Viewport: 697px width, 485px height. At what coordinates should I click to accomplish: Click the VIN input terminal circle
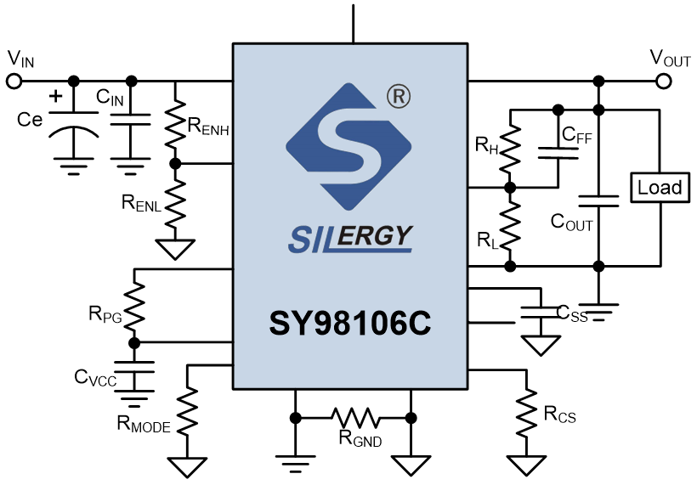point(14,82)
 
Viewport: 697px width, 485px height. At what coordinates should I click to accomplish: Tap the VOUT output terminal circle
point(664,82)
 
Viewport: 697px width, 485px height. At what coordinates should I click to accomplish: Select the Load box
point(660,188)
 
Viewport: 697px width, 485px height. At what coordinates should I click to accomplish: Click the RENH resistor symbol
point(175,123)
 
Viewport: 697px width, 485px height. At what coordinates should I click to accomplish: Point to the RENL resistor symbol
point(175,205)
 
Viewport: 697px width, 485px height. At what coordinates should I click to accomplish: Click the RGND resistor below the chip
point(355,418)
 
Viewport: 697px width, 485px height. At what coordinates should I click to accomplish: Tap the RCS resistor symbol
point(526,414)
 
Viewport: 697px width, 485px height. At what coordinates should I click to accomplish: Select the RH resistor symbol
point(510,148)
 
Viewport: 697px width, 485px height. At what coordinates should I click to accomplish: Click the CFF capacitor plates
point(558,153)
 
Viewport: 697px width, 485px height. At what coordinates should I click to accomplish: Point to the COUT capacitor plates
point(598,201)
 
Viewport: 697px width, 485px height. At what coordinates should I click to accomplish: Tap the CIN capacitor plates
point(131,119)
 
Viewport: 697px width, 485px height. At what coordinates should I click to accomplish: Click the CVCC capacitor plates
point(134,368)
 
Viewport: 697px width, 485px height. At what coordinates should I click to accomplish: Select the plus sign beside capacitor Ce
point(56,96)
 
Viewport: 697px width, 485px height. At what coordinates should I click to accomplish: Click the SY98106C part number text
point(350,323)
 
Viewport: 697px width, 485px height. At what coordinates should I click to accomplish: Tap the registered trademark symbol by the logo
point(399,96)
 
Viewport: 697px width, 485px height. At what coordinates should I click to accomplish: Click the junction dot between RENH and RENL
point(175,164)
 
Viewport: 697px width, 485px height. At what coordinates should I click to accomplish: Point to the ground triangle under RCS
point(526,465)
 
